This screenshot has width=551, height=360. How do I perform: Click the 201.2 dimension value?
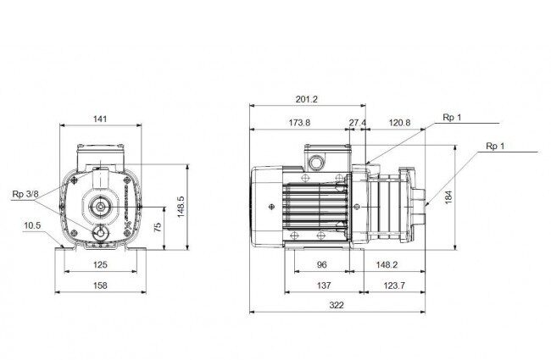point(306,99)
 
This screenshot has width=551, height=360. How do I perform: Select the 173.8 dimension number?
point(300,123)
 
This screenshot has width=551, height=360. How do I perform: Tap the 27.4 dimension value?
point(358,123)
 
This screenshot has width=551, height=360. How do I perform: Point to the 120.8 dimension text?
point(399,123)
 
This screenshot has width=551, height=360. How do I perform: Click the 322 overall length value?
point(337,305)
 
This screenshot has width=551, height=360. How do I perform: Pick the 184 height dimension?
point(448,197)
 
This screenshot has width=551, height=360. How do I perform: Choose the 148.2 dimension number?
point(387,264)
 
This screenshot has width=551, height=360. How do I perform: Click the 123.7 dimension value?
point(394,285)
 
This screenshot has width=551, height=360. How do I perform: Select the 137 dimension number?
point(324,285)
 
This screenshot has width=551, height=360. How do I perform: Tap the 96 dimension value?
point(321,264)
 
